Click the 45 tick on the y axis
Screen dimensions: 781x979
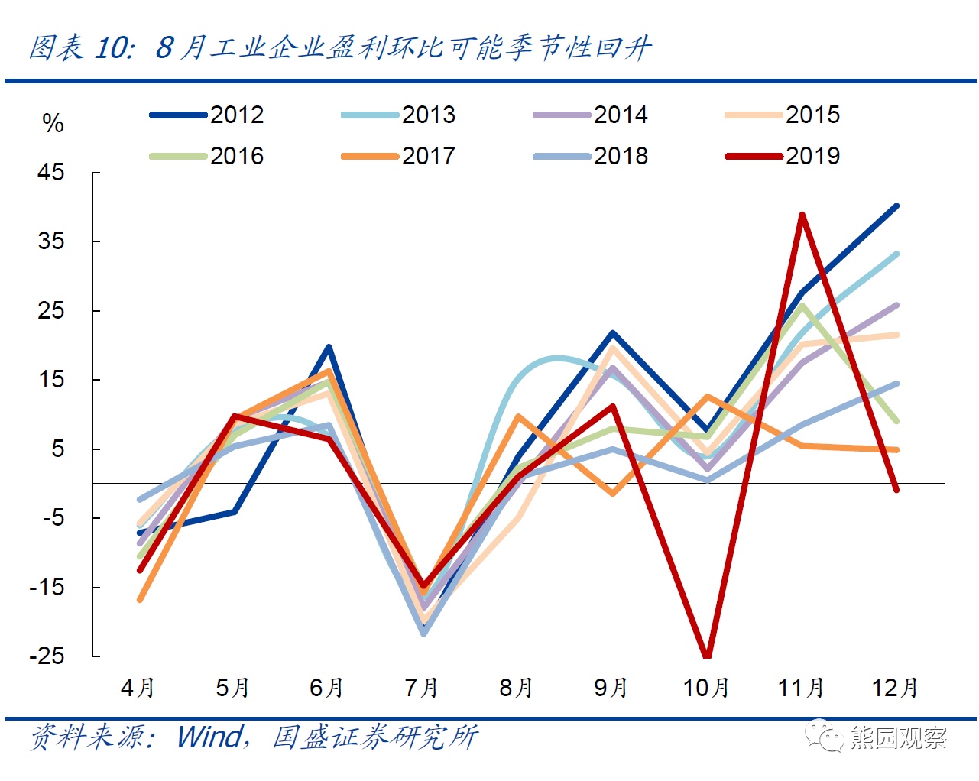pos(51,173)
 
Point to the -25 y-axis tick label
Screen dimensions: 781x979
pos(47,656)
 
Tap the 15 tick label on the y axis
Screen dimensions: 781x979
pos(51,380)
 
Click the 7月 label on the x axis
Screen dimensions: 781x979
pos(422,688)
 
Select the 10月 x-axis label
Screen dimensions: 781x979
pos(706,688)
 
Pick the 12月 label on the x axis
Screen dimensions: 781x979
pos(895,688)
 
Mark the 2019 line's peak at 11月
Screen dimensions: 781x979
pos(802,215)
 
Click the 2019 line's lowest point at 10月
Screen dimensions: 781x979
pos(707,655)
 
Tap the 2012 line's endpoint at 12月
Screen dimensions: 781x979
pos(896,206)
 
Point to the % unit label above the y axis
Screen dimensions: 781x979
pos(53,123)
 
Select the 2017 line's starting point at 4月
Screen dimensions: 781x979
pos(140,599)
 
